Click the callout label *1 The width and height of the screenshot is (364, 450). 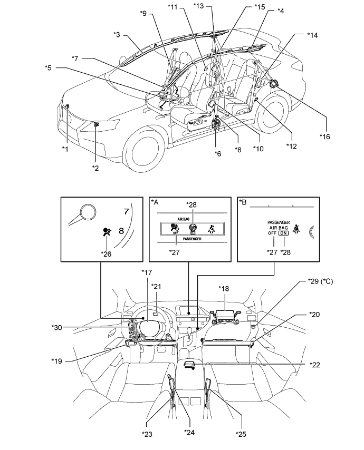(x=65, y=149)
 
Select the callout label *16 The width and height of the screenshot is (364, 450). (x=325, y=136)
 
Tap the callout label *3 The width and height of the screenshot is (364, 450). (x=117, y=35)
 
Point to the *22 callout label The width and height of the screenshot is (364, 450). (x=314, y=365)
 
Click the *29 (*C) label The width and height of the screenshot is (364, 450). (x=320, y=281)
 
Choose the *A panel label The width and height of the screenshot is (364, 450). (x=155, y=202)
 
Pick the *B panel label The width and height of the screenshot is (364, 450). (x=243, y=202)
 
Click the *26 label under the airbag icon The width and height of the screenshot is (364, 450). (x=106, y=254)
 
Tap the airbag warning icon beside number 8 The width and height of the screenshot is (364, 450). (x=106, y=232)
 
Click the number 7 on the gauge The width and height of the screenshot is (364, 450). (x=126, y=211)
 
